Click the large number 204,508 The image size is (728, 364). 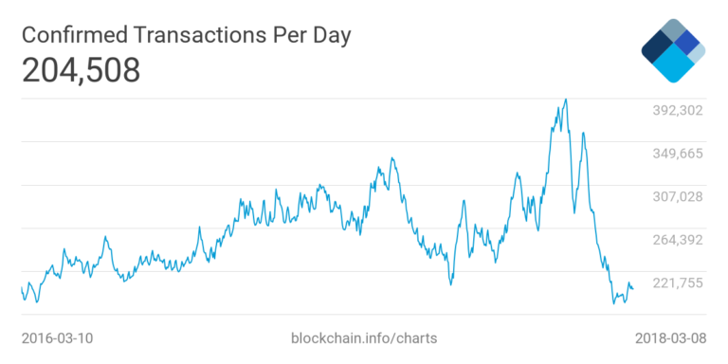tap(81, 71)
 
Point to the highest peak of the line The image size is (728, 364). tap(566, 99)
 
